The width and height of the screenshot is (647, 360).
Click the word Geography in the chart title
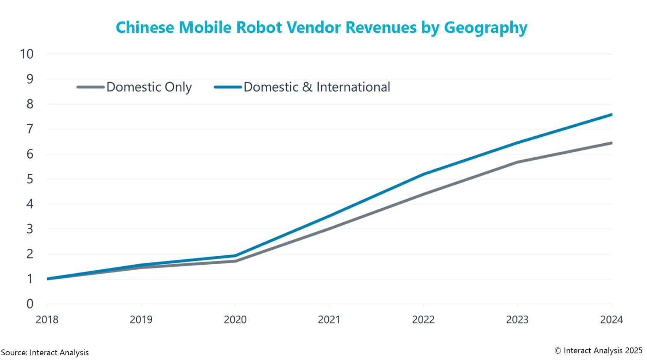(x=485, y=28)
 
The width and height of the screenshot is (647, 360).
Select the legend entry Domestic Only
(x=149, y=87)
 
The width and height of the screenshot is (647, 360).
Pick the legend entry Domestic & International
(x=317, y=87)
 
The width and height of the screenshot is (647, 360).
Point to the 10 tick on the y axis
(x=26, y=54)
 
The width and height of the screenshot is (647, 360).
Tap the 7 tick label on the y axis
(x=30, y=129)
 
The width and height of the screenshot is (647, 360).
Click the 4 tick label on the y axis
(x=30, y=204)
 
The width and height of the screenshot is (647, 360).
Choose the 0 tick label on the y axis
(x=30, y=304)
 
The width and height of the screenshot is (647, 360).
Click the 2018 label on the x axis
(x=47, y=320)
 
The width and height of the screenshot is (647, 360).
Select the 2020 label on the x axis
(x=235, y=320)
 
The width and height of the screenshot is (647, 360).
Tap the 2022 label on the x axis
(x=423, y=320)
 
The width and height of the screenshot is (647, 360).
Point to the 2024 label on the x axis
(x=612, y=320)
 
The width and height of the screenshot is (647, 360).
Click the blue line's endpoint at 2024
(x=611, y=115)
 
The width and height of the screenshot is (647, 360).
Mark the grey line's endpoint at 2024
(x=611, y=143)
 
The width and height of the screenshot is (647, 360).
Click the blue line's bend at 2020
(x=235, y=256)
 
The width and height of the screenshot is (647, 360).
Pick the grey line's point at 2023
(x=518, y=162)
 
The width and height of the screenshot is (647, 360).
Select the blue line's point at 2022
(x=423, y=174)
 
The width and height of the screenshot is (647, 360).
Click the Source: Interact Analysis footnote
(x=45, y=353)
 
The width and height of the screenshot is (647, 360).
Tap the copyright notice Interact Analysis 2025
(x=598, y=351)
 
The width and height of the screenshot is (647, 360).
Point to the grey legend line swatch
(x=91, y=87)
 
